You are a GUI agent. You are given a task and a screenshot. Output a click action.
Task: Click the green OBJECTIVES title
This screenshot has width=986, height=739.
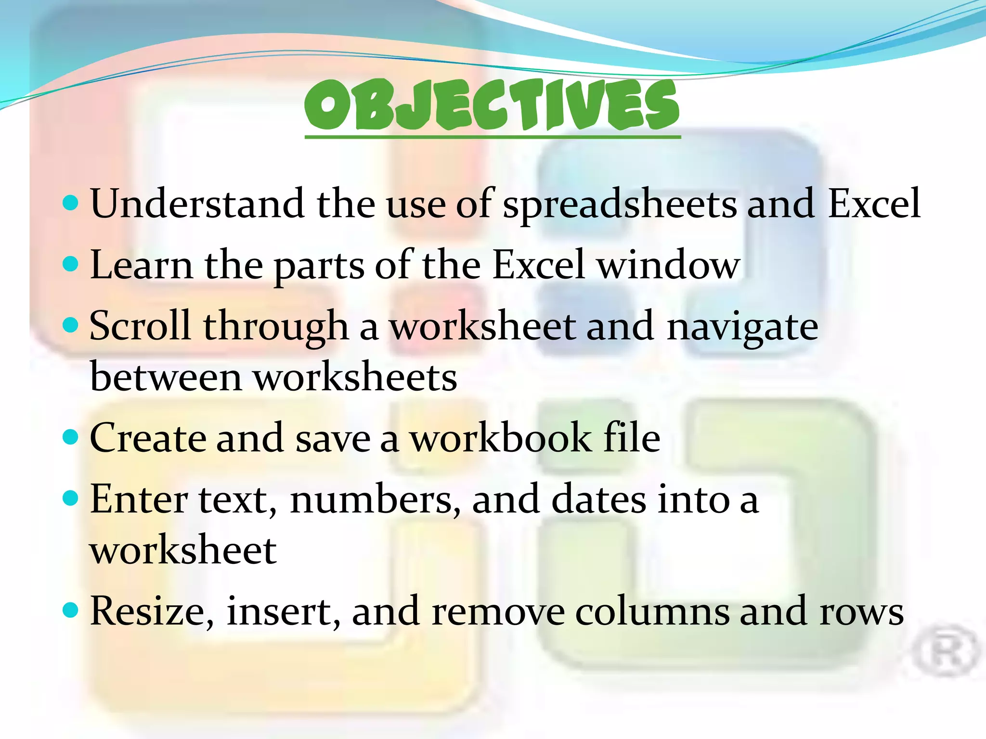pyautogui.click(x=492, y=105)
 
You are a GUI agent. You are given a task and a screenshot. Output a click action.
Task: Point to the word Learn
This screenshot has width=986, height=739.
pyautogui.click(x=142, y=265)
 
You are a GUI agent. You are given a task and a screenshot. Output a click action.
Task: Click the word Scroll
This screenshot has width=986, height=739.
pyautogui.click(x=140, y=326)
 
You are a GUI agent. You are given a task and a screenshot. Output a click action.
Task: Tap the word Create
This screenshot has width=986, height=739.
pyautogui.click(x=147, y=438)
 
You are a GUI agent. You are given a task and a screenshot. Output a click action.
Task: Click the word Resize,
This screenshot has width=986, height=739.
pyautogui.click(x=152, y=611)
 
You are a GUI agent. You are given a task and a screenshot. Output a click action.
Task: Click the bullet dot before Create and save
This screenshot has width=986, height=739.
pyautogui.click(x=71, y=437)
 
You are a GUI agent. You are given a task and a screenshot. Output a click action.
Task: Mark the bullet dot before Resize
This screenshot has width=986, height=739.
pyautogui.click(x=71, y=610)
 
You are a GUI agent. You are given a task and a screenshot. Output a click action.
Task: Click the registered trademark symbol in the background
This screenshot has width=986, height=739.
pyautogui.click(x=946, y=652)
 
